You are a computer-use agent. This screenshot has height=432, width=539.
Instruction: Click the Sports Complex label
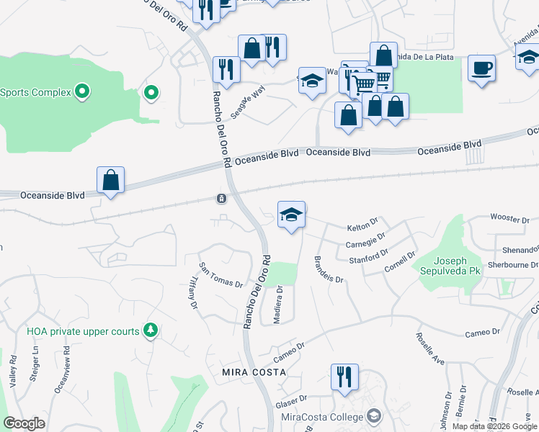pos(35,92)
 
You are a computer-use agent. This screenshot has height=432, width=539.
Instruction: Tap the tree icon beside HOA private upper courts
pos(150,330)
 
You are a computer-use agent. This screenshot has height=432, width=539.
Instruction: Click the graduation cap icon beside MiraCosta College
pos(373,415)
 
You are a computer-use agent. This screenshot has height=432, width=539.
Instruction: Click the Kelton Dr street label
pos(362,227)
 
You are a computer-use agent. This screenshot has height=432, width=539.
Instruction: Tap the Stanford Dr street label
pos(367,256)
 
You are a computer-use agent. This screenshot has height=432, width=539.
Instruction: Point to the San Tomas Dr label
pos(220,274)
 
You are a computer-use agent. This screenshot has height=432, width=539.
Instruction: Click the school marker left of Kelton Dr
pos(291,215)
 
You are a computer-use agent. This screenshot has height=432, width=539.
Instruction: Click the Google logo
pos(24,423)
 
